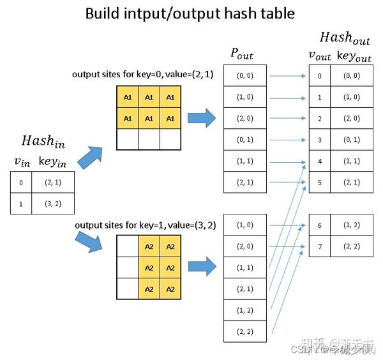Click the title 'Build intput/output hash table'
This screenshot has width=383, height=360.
coord(191,13)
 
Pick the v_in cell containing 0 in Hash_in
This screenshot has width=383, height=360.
coord(20,183)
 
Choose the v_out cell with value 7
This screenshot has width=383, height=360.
coord(320,246)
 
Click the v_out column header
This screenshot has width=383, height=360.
coord(320,56)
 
